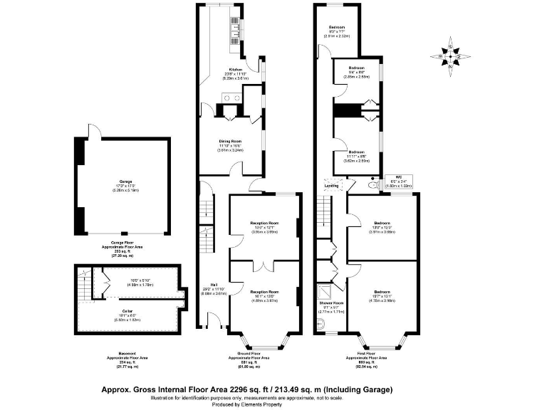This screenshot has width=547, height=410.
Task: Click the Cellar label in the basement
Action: coord(126,310)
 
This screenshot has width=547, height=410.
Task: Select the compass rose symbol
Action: coord(449,56)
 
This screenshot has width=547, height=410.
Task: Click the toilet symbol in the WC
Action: coord(371,185)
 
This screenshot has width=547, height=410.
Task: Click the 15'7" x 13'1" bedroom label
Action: coord(382,293)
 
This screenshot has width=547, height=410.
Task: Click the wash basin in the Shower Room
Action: coord(321,327)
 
